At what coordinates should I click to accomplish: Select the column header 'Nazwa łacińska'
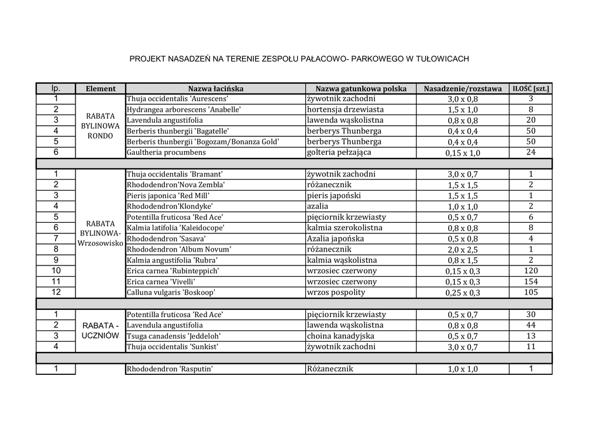tap(215, 89)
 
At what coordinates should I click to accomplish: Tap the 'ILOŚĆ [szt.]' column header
tap(531, 89)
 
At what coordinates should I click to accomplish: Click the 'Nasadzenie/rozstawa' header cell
tap(463, 89)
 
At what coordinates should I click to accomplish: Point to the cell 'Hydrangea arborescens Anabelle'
tap(184, 110)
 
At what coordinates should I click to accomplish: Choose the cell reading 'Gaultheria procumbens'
tap(166, 153)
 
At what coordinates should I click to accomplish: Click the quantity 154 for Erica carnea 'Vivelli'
tap(531, 282)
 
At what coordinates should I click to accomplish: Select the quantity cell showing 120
tap(531, 271)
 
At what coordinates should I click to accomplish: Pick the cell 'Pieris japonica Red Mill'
tap(168, 196)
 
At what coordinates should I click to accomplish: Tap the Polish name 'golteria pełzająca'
tap(339, 153)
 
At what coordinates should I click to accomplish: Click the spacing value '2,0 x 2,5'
tap(463, 250)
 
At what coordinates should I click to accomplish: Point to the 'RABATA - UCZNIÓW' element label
tap(101, 330)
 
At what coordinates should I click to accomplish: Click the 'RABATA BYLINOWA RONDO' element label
tap(101, 126)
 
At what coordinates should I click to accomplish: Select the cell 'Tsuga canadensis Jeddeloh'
tap(173, 336)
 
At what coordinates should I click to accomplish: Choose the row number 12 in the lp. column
tap(56, 292)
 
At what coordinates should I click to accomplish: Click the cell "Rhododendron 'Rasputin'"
tap(169, 369)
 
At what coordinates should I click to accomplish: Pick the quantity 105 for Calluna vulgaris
tap(531, 292)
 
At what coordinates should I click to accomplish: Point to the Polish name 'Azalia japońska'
tap(335, 239)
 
